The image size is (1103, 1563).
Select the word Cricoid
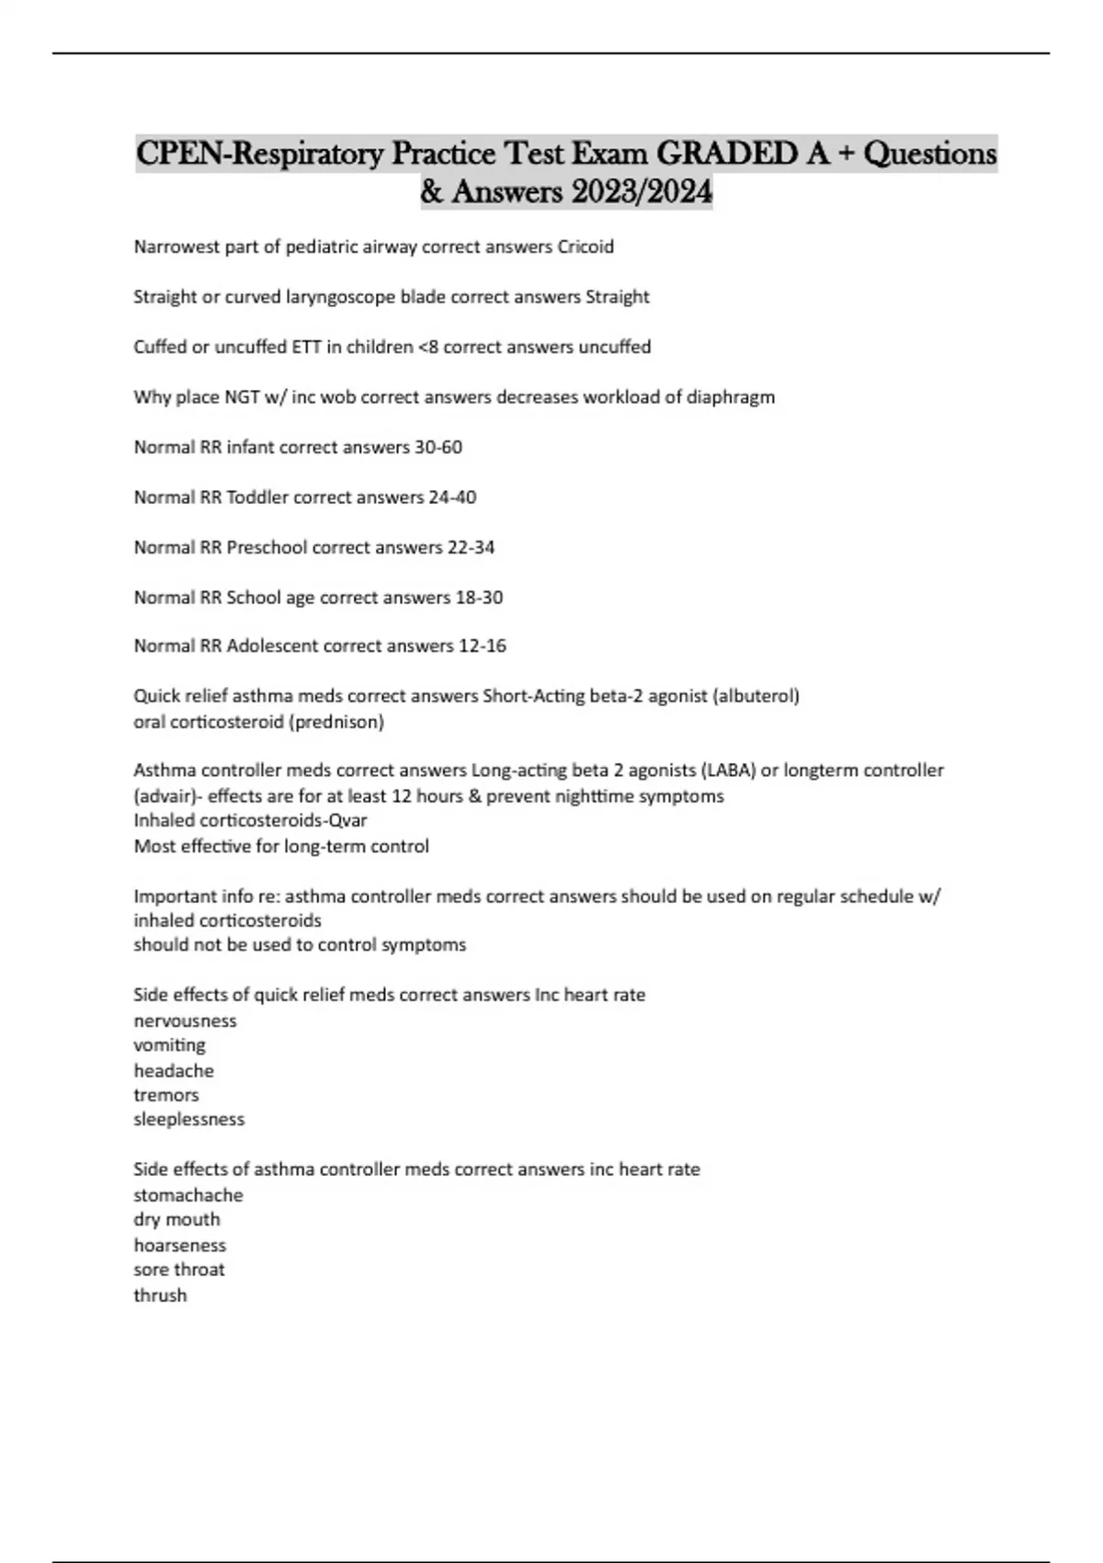(x=586, y=246)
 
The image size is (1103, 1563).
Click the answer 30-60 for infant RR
(x=439, y=447)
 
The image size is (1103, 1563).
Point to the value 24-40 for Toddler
(x=452, y=497)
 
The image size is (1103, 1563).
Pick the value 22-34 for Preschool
(x=471, y=547)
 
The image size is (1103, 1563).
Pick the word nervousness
(x=185, y=1021)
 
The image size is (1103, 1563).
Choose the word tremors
(x=166, y=1095)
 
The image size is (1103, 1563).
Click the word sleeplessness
(x=189, y=1120)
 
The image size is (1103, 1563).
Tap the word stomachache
(x=188, y=1195)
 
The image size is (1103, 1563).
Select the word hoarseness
(x=180, y=1246)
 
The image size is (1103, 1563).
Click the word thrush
(x=161, y=1295)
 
